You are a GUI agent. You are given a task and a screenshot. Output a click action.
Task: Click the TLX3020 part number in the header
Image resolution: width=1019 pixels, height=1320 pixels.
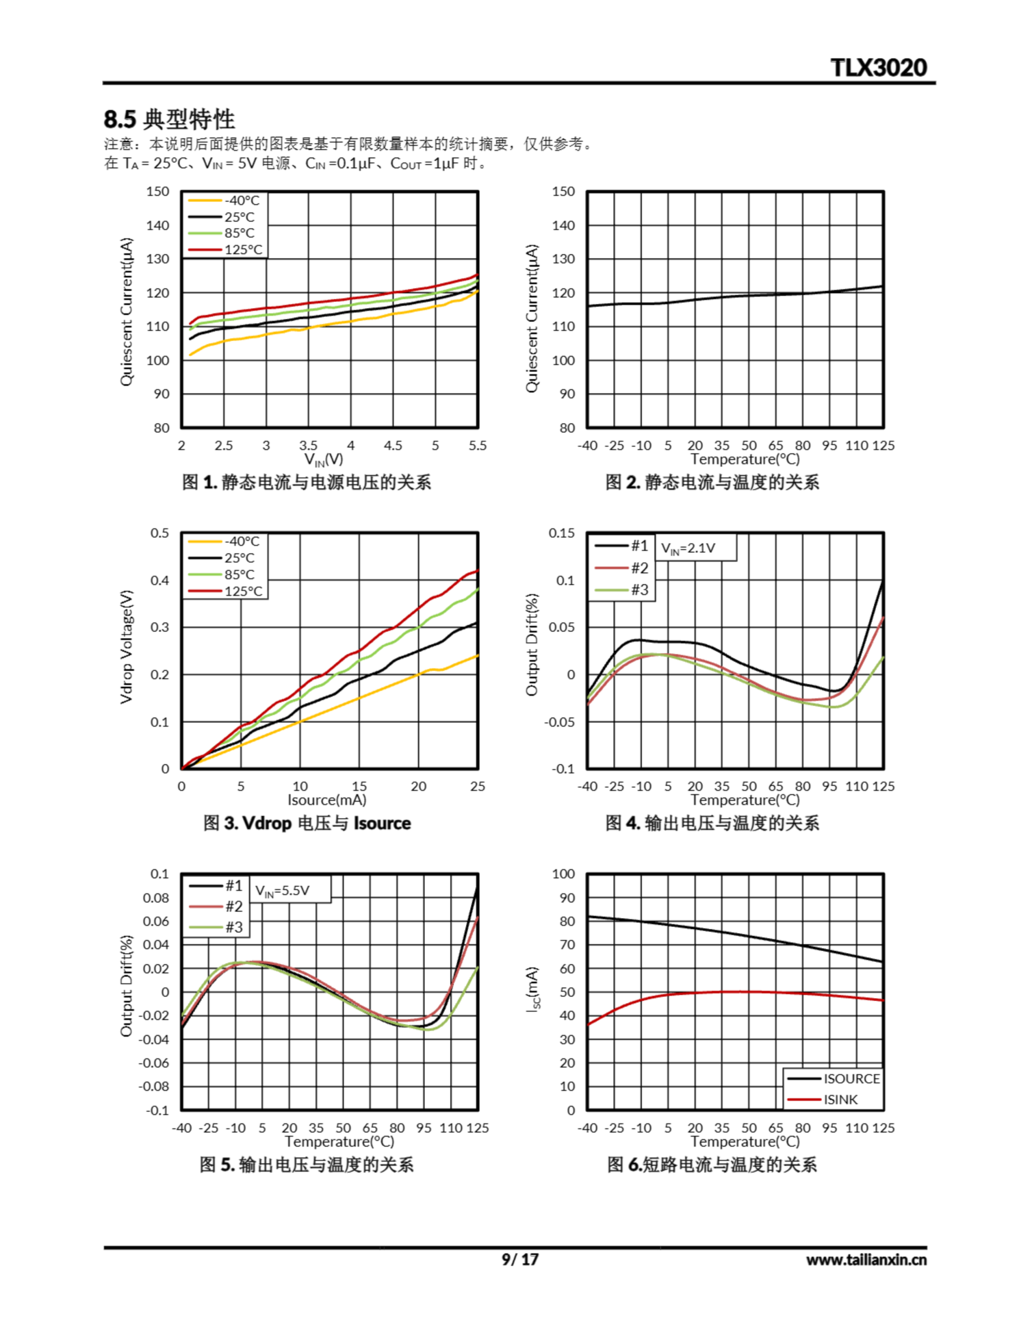click(878, 68)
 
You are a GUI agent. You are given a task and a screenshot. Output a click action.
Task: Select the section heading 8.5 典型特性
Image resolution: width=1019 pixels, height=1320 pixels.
click(169, 119)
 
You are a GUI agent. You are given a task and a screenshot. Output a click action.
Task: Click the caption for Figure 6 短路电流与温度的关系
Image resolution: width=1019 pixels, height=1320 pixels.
click(711, 1165)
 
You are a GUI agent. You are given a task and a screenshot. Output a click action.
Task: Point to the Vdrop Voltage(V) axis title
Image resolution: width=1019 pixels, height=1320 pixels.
click(126, 647)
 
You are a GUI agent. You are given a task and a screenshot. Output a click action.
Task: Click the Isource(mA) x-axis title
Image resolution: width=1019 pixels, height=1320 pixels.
click(327, 800)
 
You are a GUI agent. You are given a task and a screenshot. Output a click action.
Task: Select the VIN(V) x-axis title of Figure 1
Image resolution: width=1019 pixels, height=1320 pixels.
click(324, 459)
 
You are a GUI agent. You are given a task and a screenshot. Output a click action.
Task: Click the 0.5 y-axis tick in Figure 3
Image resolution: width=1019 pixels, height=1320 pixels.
click(160, 533)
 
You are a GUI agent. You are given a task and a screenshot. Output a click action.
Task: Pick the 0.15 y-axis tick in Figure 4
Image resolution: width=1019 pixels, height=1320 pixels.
click(561, 533)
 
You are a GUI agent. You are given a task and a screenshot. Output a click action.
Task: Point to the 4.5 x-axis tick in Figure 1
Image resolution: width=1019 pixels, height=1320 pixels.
click(393, 445)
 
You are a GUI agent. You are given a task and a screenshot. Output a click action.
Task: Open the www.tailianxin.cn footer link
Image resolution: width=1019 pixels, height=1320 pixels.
click(865, 1260)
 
